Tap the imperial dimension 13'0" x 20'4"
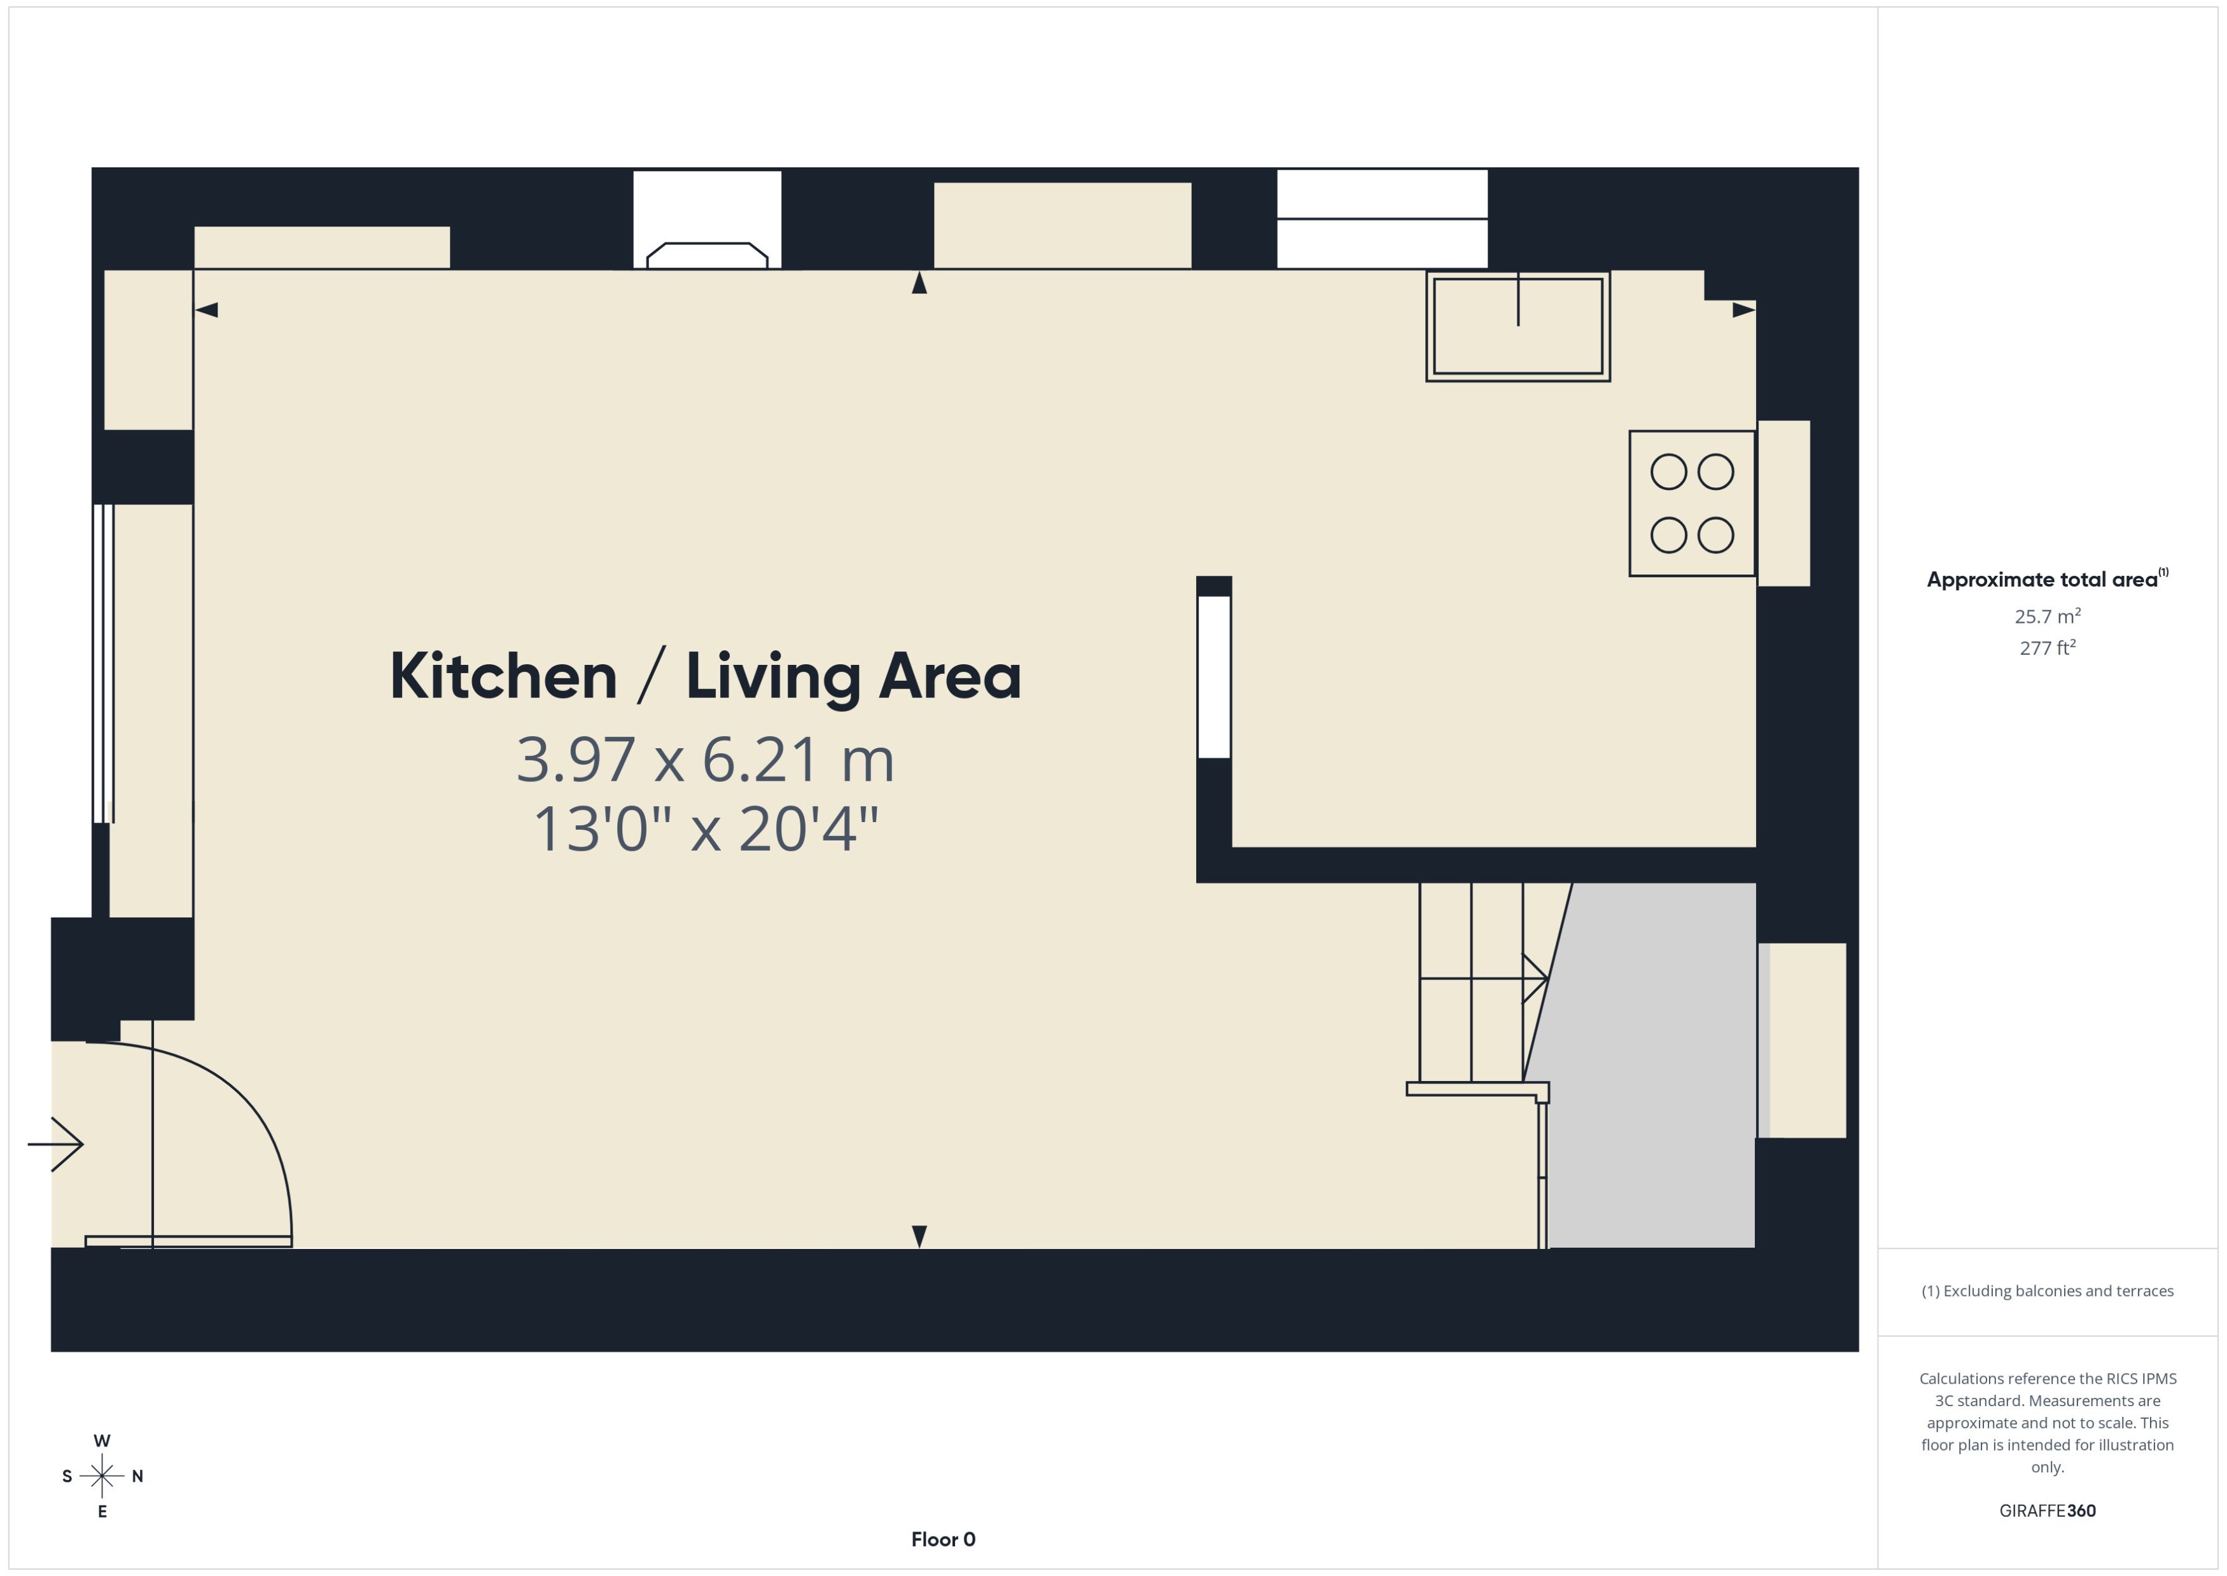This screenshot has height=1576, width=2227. (706, 830)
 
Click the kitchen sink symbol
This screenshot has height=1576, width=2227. (1517, 326)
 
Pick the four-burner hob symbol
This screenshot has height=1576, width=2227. (1691, 503)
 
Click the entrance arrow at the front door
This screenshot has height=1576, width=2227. (56, 1144)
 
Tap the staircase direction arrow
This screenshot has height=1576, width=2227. (1533, 978)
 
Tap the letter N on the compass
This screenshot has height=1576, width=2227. (138, 1476)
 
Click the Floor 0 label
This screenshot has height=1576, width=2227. (942, 1539)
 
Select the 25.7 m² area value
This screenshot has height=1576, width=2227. (2046, 617)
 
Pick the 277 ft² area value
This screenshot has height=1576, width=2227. (2046, 647)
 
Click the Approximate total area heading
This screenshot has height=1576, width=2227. (2042, 580)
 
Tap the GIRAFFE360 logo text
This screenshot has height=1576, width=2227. (2046, 1510)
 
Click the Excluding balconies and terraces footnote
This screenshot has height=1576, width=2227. (2046, 1291)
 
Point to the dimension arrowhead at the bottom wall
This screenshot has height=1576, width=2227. (919, 1236)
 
